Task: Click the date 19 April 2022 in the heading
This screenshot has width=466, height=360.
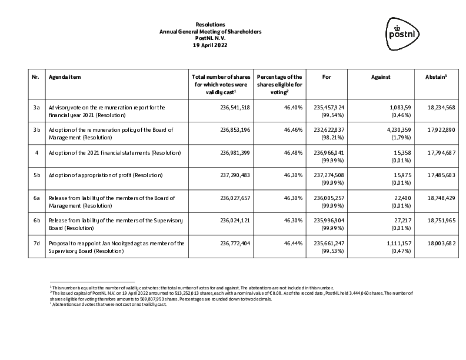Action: coord(210,45)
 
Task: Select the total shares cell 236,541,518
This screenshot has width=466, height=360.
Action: coord(234,108)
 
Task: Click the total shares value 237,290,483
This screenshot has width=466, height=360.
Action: coord(234,175)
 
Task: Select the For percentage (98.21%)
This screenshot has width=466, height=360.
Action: coord(332,135)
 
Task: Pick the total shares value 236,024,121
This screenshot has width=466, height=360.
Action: coord(234,221)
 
